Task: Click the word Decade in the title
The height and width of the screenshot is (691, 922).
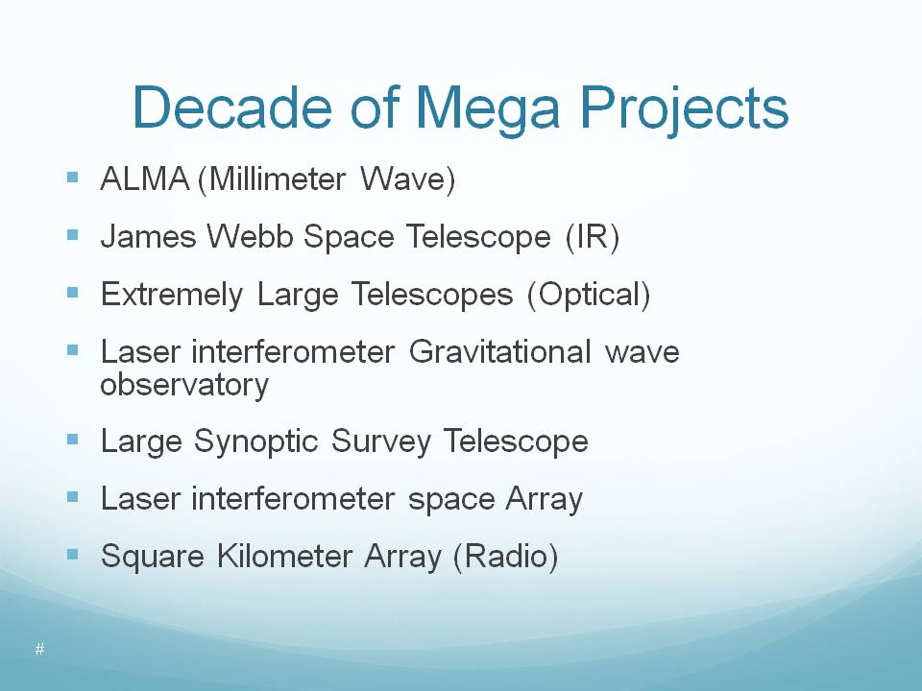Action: click(x=232, y=107)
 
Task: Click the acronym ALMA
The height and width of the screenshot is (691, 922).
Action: click(x=145, y=179)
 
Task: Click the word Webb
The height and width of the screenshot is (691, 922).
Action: click(x=250, y=236)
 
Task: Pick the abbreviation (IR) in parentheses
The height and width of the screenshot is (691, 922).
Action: click(x=593, y=237)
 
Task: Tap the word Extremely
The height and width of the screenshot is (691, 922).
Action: click(x=172, y=295)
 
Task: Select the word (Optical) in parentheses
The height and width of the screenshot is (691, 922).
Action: click(x=589, y=295)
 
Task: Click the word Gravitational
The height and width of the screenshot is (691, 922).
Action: click(x=499, y=352)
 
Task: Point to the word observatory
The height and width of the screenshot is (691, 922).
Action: click(x=184, y=386)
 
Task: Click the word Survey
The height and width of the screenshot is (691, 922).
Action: click(x=381, y=441)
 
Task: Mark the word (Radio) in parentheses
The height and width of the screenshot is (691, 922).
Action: click(x=505, y=557)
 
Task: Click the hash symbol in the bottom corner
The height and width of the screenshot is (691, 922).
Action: click(x=40, y=650)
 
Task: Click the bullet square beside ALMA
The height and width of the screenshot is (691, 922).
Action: click(x=73, y=178)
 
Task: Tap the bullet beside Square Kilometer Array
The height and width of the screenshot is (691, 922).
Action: click(x=73, y=555)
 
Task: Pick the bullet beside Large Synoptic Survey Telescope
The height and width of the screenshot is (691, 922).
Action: click(x=73, y=440)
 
